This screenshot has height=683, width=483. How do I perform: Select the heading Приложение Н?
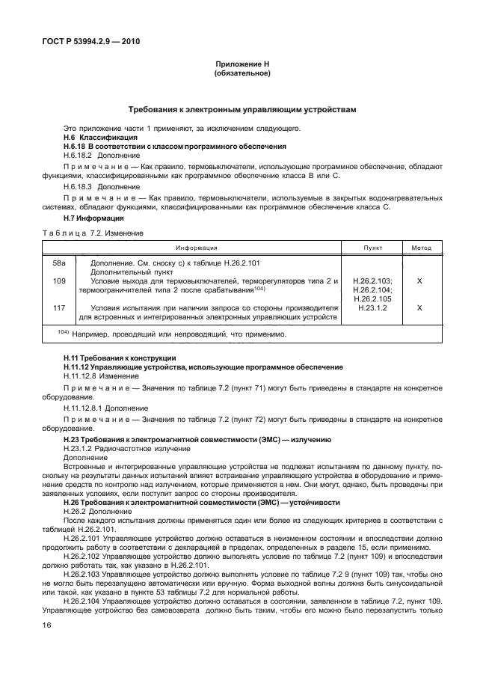(241, 66)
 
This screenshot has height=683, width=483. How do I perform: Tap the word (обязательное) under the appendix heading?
(241, 75)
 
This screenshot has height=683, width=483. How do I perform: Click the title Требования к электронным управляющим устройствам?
(241, 109)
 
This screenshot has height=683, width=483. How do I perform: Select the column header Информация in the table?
(197, 248)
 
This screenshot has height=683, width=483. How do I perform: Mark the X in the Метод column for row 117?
(420, 307)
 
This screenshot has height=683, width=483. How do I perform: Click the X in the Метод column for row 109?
(420, 281)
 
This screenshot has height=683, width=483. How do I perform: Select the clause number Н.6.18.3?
(81, 186)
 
